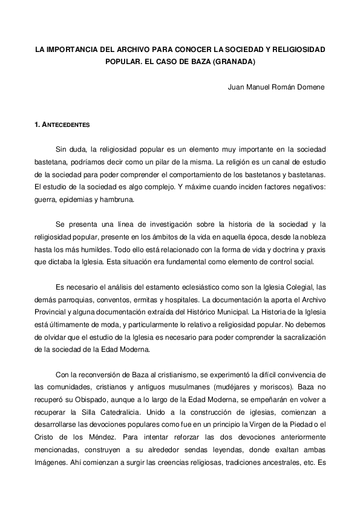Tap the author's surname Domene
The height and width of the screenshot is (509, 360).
coord(310,86)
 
